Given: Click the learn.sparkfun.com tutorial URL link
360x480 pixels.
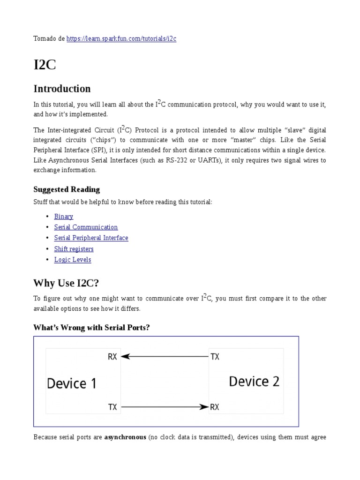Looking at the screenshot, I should coord(121,39).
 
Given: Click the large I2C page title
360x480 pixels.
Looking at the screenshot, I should coord(45,65).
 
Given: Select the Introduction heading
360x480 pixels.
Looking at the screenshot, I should coord(62,89).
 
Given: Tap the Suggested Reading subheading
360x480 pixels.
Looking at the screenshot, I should coord(67,189).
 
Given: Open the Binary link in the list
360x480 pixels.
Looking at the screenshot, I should coord(64,217).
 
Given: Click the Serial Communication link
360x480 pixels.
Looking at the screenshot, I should coord(86,227).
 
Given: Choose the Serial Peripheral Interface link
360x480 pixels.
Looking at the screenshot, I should coord(91,238).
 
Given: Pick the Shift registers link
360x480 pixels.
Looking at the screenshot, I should coord(74,249).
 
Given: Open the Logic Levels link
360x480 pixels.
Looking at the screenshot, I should coord(73,260).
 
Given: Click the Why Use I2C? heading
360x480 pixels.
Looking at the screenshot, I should coord(66,283).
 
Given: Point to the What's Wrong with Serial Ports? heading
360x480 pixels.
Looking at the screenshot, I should coord(91,327).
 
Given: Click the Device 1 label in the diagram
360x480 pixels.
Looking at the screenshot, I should coord(72,384).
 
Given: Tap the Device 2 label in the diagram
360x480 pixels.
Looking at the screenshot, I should coord(254,382).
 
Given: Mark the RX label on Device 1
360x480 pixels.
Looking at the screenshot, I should coord(112,357).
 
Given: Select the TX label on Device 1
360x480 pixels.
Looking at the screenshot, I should coord(112,407).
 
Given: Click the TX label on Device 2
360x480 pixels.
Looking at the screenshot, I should coord(215,357).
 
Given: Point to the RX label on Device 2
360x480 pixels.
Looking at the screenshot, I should coord(215,407).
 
